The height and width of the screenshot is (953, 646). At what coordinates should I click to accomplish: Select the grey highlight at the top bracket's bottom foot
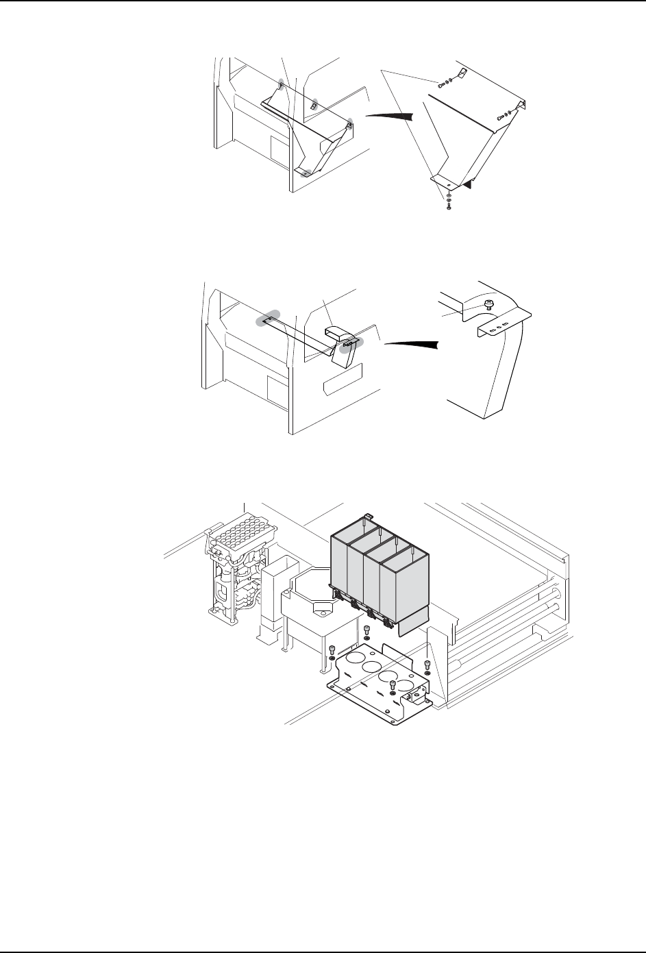click(x=307, y=172)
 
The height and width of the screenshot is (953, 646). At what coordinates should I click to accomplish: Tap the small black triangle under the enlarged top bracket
click(x=468, y=184)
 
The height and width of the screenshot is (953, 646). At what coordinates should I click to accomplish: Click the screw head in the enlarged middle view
click(x=489, y=303)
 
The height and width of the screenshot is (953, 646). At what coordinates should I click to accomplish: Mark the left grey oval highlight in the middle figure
click(x=264, y=321)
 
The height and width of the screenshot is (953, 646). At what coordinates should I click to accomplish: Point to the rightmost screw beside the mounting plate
click(x=427, y=665)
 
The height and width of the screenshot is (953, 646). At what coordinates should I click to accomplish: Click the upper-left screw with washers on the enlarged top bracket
click(x=441, y=86)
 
